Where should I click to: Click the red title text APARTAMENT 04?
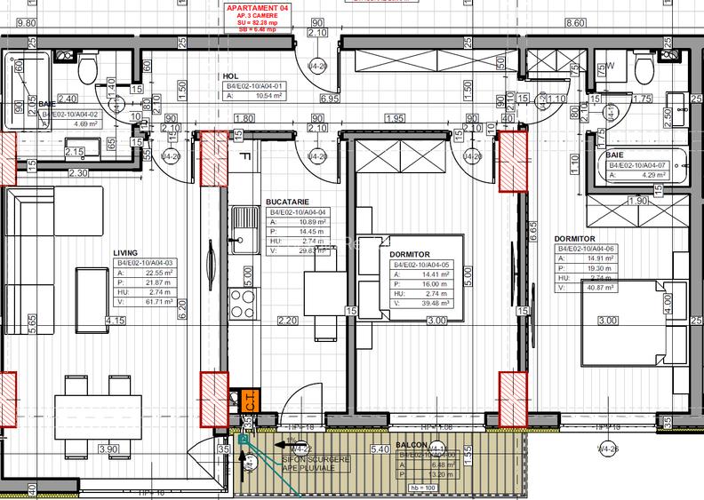point(259,7)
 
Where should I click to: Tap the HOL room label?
point(232,76)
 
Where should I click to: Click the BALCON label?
point(412,445)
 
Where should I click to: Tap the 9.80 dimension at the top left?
point(26,22)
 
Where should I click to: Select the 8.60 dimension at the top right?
point(575,22)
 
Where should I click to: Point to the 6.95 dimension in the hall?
point(330,99)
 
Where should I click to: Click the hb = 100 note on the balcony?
point(423,488)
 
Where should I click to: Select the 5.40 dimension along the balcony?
point(380,449)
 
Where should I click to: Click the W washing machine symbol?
point(611,66)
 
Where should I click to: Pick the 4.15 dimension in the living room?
point(114,320)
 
